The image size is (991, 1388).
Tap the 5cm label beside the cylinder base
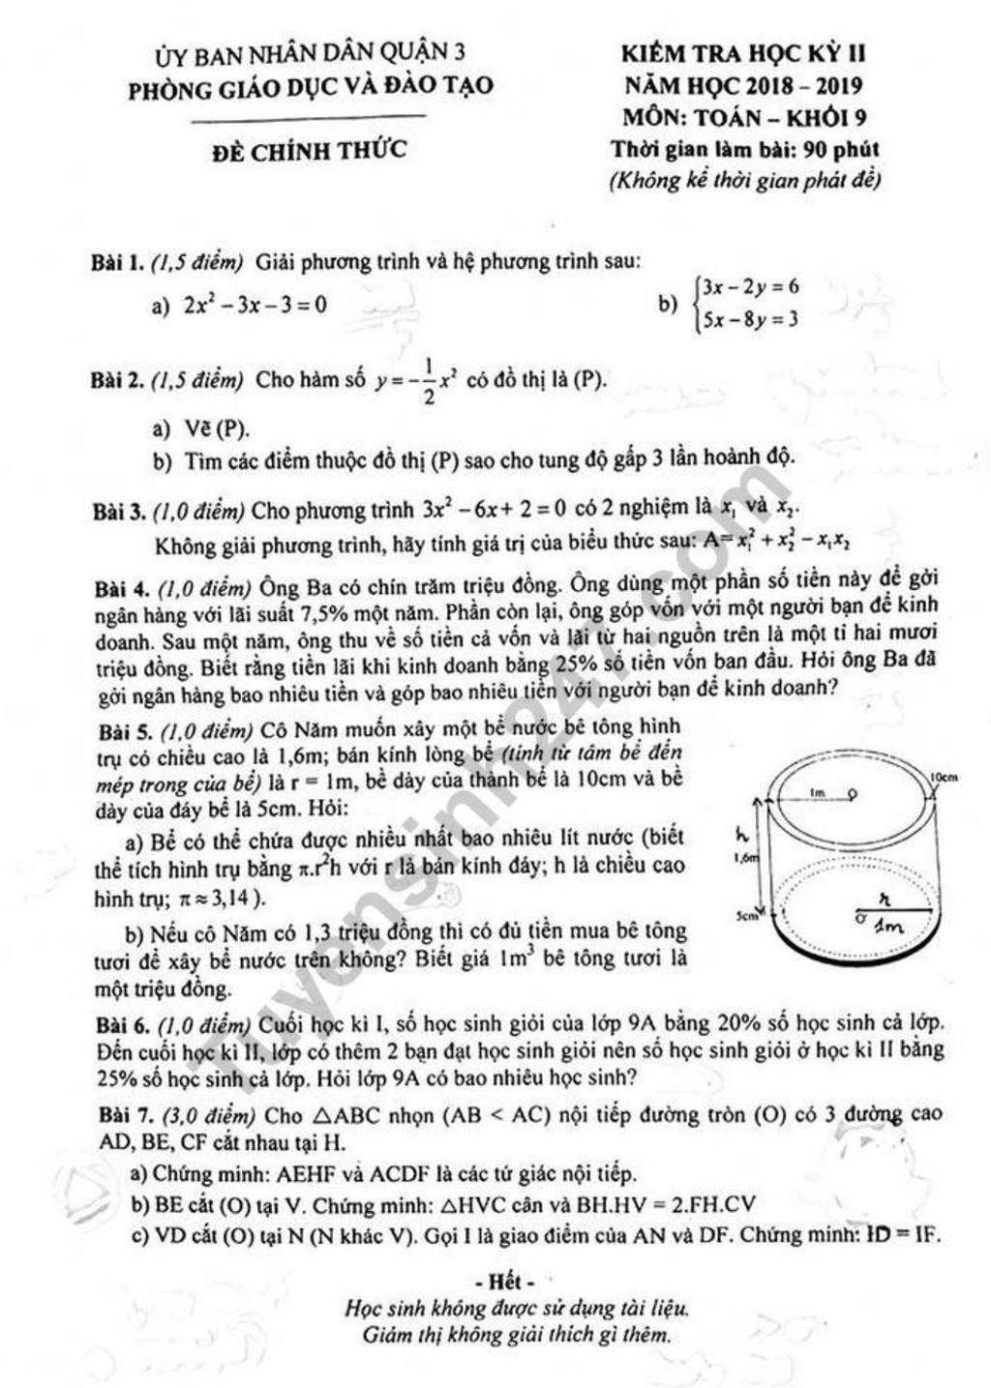click(x=745, y=913)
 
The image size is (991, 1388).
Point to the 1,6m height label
click(x=746, y=857)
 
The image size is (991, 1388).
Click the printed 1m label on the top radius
click(x=818, y=792)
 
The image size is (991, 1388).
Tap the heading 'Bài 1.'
click(x=117, y=262)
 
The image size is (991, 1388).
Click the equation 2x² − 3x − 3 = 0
click(x=255, y=306)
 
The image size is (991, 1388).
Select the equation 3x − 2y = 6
click(x=750, y=287)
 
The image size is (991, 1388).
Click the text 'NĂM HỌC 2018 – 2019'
click(x=744, y=85)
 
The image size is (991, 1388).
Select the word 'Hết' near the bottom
click(x=504, y=1283)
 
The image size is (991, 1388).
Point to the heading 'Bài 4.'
click(x=121, y=588)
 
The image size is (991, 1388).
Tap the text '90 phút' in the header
click(x=842, y=150)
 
